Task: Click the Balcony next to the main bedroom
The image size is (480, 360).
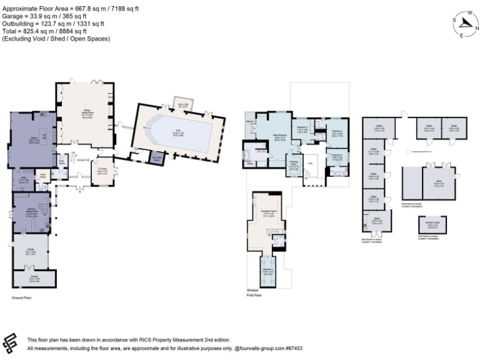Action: point(249,120)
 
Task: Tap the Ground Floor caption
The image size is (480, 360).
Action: point(21,298)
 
